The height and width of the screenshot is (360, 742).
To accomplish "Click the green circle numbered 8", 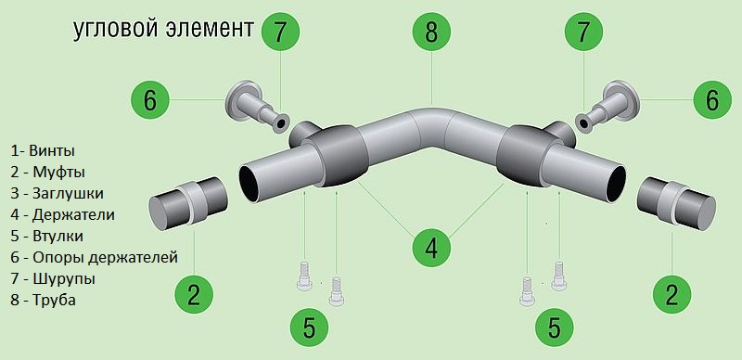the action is click(x=431, y=32).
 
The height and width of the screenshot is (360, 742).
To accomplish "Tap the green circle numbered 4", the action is click(x=431, y=247).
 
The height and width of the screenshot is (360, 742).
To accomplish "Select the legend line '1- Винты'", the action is click(x=43, y=151).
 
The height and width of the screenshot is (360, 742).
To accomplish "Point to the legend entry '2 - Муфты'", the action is click(x=48, y=172).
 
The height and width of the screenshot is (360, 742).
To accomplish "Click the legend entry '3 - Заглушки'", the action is click(x=57, y=193).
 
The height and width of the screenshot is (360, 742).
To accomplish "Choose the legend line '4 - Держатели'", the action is click(x=62, y=214).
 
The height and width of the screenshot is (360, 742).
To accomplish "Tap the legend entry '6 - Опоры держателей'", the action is click(x=95, y=257).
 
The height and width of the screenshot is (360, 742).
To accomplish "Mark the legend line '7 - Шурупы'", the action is click(x=53, y=278).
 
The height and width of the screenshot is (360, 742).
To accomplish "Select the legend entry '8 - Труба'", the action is click(x=43, y=300).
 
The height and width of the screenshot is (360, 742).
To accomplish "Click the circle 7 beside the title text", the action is click(x=280, y=32).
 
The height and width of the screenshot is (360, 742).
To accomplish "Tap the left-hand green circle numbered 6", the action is click(x=150, y=100).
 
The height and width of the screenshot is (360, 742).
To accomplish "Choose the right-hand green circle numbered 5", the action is click(x=554, y=327).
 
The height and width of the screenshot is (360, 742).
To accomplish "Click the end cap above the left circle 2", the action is click(x=188, y=203).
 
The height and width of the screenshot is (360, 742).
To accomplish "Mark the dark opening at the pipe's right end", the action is click(x=616, y=185).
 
